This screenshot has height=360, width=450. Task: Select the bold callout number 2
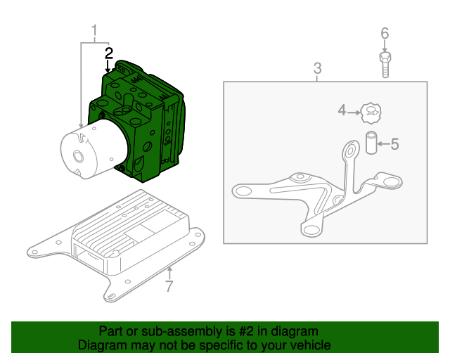(108, 53)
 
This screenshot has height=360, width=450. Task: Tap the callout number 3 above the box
(317, 68)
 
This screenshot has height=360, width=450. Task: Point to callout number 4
(342, 110)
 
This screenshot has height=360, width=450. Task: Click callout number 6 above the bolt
(385, 34)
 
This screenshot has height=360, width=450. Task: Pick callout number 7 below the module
(169, 286)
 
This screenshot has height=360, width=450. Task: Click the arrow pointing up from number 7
(169, 272)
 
